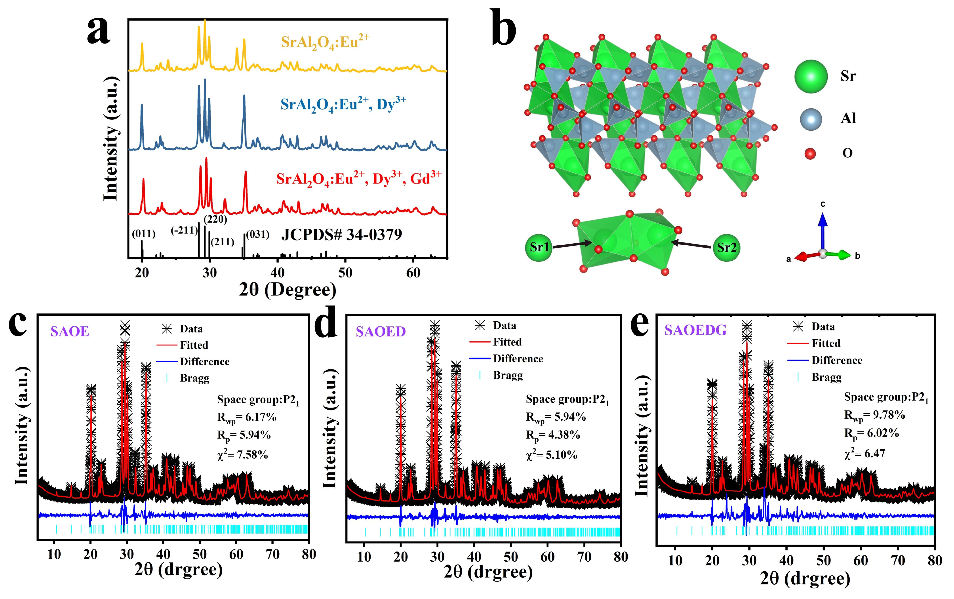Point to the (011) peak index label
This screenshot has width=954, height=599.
(143, 234)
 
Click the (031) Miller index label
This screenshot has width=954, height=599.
(258, 235)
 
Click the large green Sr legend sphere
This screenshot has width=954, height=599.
(811, 76)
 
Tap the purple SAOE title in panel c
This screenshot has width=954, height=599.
(70, 331)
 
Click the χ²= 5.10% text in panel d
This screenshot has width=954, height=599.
(551, 455)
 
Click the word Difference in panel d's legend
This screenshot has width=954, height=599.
(518, 359)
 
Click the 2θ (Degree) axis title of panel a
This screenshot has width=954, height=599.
(288, 290)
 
